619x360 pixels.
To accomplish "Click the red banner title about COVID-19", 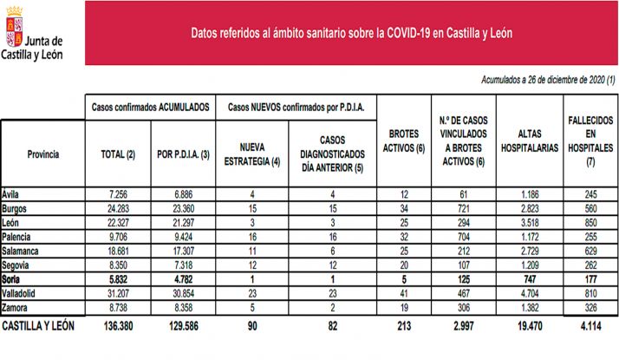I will [351, 33].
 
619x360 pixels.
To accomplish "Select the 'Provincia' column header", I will [42, 154].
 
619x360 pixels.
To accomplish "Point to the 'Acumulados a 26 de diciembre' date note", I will [547, 80].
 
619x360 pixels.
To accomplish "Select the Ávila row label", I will [13, 194].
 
